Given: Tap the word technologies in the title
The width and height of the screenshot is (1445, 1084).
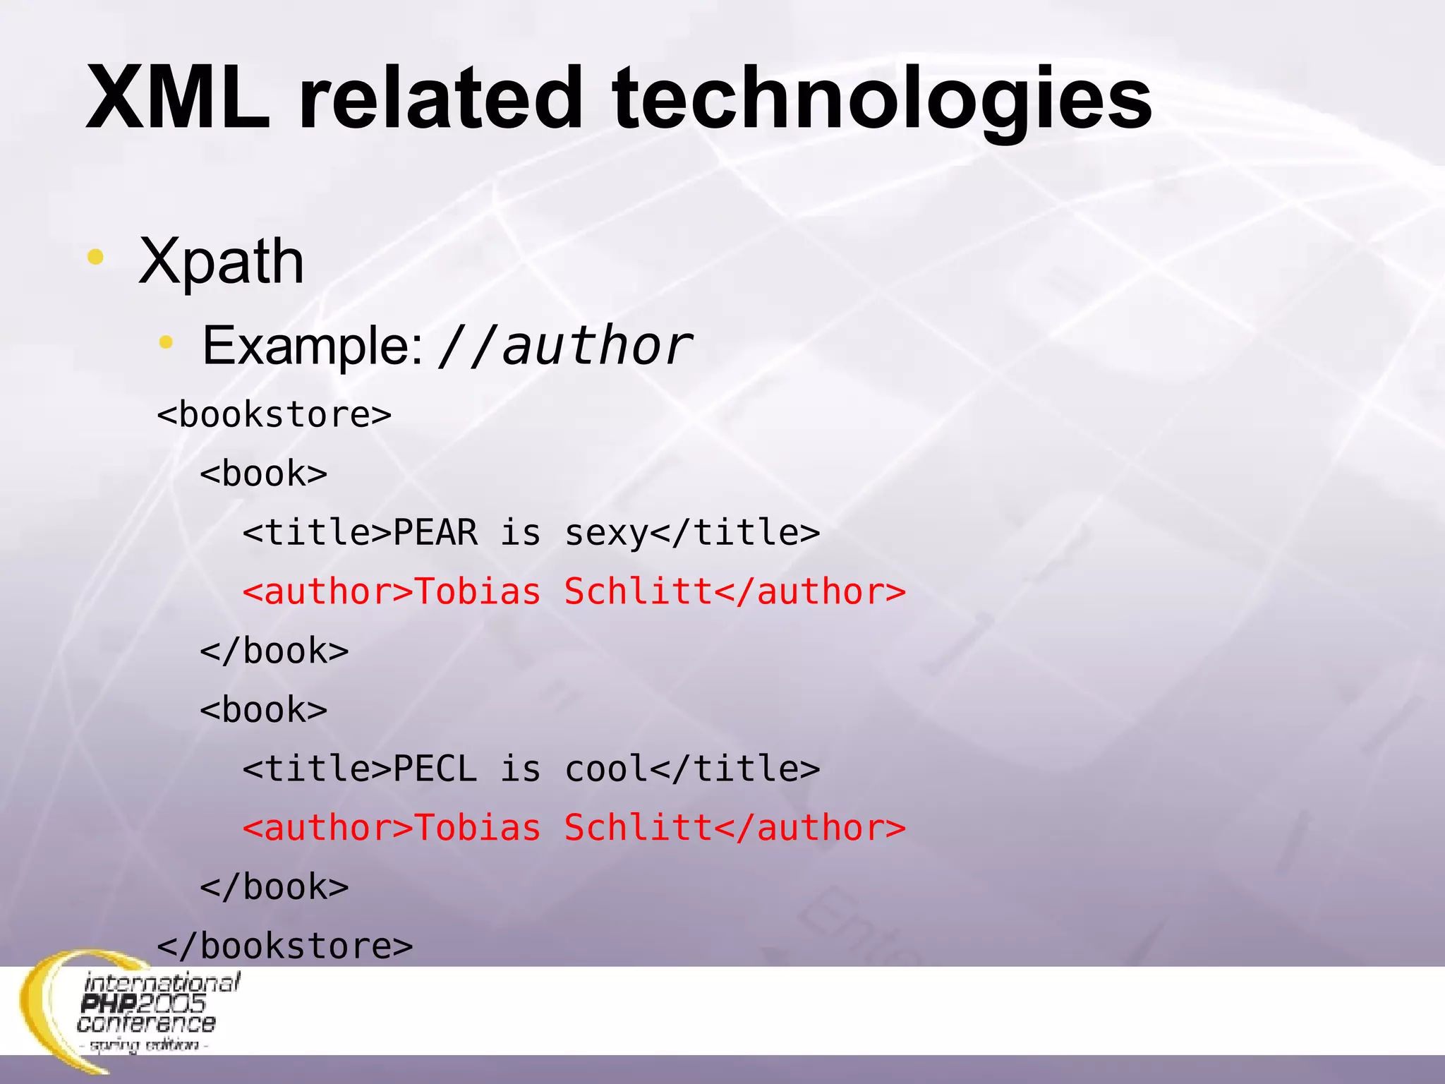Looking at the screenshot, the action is pyautogui.click(x=882, y=99).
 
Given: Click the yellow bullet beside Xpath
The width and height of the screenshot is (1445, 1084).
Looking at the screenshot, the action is pyautogui.click(x=95, y=257).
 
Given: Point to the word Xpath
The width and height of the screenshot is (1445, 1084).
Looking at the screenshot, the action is pyautogui.click(x=222, y=261).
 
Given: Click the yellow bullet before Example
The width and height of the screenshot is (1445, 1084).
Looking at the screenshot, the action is pyautogui.click(x=166, y=343).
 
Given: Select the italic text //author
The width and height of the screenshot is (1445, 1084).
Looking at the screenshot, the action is pyautogui.click(x=564, y=346).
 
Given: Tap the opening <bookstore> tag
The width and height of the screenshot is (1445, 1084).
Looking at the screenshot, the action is pyautogui.click(x=274, y=414).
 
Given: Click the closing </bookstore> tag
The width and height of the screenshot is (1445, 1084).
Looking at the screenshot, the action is pyautogui.click(x=284, y=946).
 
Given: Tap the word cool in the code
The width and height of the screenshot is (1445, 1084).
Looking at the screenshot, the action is pyautogui.click(x=605, y=769).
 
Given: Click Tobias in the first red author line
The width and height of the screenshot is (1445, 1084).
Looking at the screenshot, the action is pyautogui.click(x=477, y=591).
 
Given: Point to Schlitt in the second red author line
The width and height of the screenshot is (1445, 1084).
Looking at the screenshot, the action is pyautogui.click(x=639, y=828).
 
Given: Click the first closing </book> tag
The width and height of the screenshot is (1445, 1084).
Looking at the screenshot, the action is pyautogui.click(x=274, y=651).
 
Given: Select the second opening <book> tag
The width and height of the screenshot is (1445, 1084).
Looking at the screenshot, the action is pyautogui.click(x=264, y=710).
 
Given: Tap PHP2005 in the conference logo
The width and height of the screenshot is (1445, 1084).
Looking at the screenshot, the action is pyautogui.click(x=143, y=1003).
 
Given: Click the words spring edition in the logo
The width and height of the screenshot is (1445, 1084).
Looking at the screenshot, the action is pyautogui.click(x=144, y=1045).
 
